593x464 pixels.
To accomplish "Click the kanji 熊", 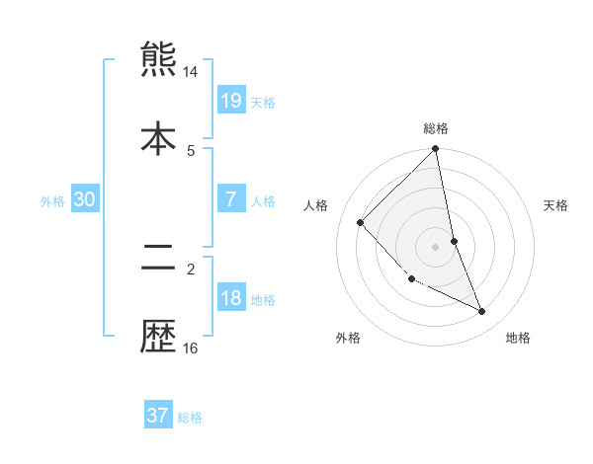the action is click(x=158, y=59).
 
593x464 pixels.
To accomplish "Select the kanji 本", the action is click(x=158, y=138).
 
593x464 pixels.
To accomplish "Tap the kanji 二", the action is click(x=158, y=259).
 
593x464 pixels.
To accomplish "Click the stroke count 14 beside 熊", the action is click(x=191, y=72).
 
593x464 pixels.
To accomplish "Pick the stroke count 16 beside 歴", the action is click(x=191, y=348).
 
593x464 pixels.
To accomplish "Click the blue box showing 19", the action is click(x=230, y=100).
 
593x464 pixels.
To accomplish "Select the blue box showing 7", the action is click(x=230, y=198).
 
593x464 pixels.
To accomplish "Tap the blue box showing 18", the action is click(x=230, y=298).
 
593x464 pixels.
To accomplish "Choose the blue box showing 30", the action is click(x=84, y=198).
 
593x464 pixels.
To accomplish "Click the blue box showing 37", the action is click(x=157, y=416).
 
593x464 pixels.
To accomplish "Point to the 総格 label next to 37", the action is click(x=190, y=418).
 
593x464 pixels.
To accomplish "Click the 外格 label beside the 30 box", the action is click(x=52, y=200).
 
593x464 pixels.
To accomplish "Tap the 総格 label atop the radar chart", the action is click(x=436, y=128).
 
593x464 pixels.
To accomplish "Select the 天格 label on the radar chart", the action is click(x=555, y=205).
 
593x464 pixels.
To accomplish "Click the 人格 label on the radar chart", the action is click(x=316, y=205).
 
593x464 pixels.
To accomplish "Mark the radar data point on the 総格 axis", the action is click(x=436, y=150).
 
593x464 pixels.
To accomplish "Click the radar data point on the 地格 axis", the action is click(x=482, y=312).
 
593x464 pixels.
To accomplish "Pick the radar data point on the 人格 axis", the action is click(x=361, y=222).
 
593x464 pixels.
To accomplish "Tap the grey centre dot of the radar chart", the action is click(x=436, y=247).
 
